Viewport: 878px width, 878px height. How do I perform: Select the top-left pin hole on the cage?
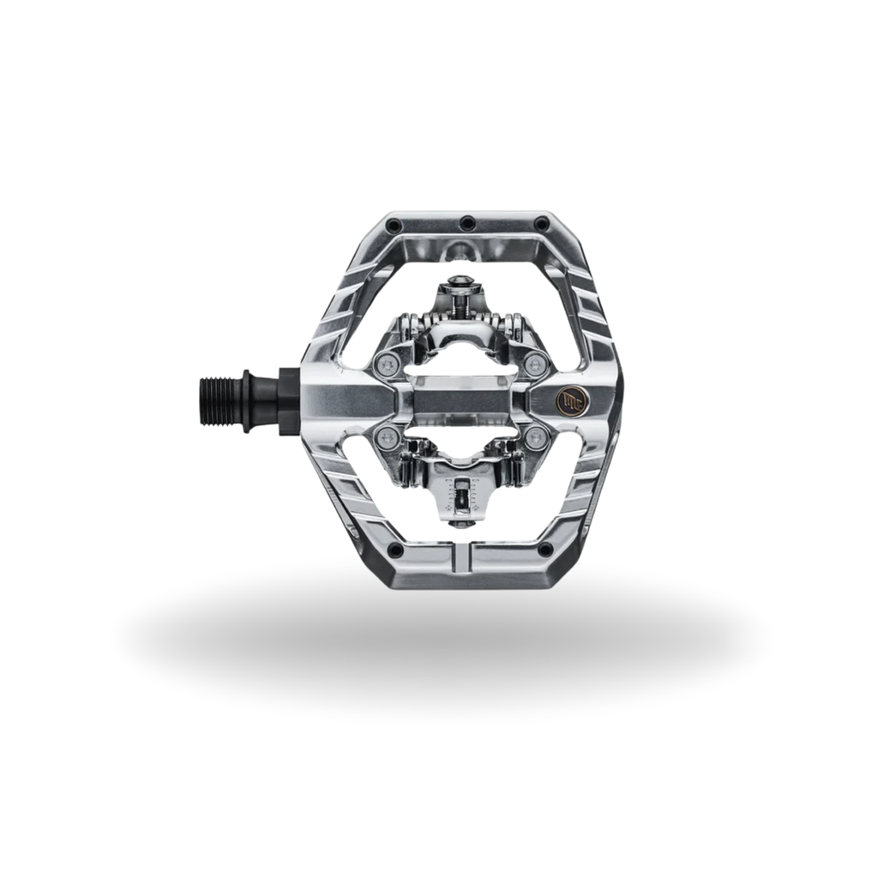click(x=393, y=225)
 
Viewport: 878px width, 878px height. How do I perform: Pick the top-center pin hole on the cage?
click(x=466, y=224)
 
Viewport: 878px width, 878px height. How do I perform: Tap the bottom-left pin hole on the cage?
click(x=394, y=549)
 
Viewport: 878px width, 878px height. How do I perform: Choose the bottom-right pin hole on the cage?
click(x=544, y=549)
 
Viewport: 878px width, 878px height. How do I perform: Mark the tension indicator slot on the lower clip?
click(x=463, y=495)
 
